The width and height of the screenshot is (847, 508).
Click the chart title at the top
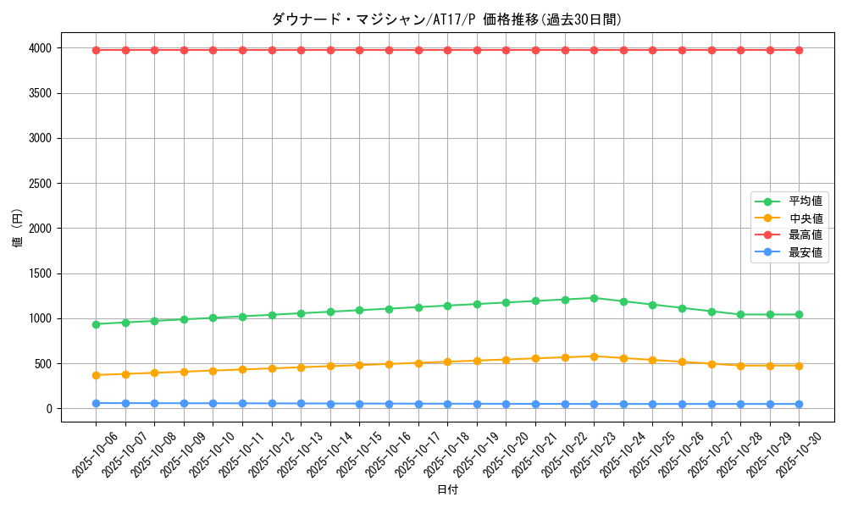click(447, 19)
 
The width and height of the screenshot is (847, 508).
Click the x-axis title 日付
click(447, 490)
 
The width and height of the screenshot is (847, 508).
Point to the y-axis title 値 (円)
click(17, 229)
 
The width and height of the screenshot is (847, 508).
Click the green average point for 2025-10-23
click(594, 298)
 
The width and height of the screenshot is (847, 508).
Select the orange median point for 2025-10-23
click(594, 356)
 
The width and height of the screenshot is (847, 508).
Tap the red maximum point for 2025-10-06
click(96, 50)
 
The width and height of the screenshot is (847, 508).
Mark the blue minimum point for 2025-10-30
click(799, 404)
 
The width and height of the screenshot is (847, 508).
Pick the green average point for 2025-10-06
click(96, 324)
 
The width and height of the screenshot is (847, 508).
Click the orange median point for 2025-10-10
click(213, 371)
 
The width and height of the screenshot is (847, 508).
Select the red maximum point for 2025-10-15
click(359, 50)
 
